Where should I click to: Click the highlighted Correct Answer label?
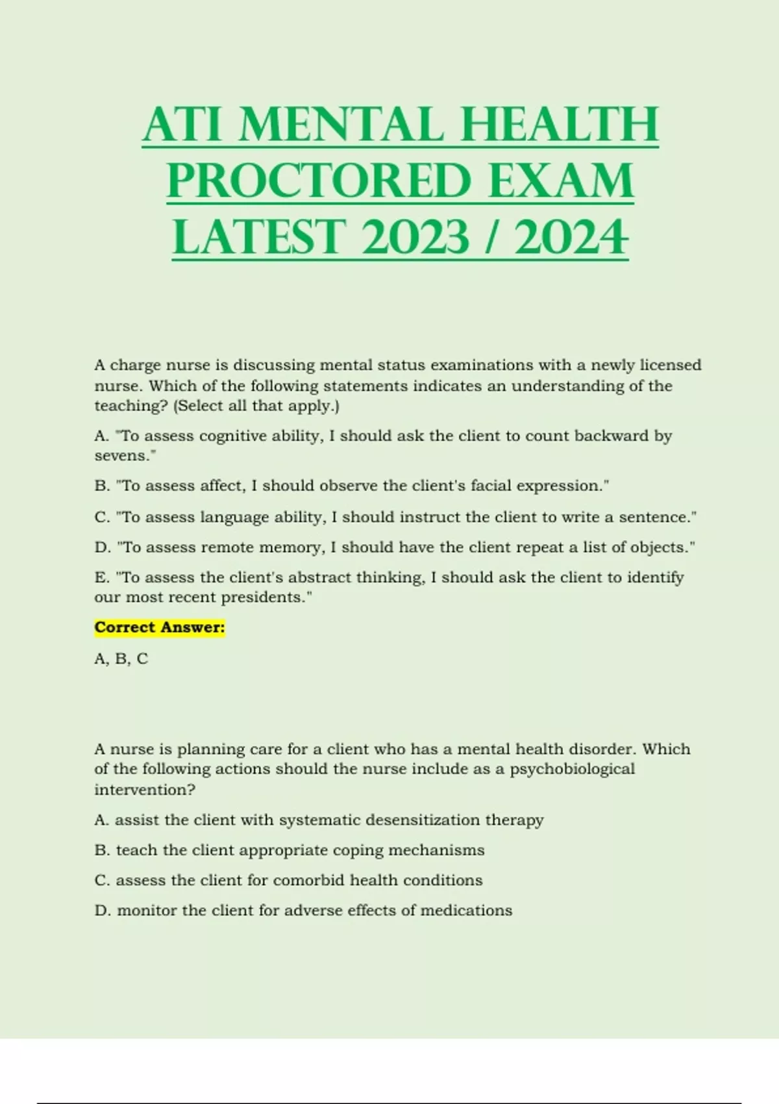click(x=160, y=627)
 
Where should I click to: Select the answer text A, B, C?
click(x=121, y=659)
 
